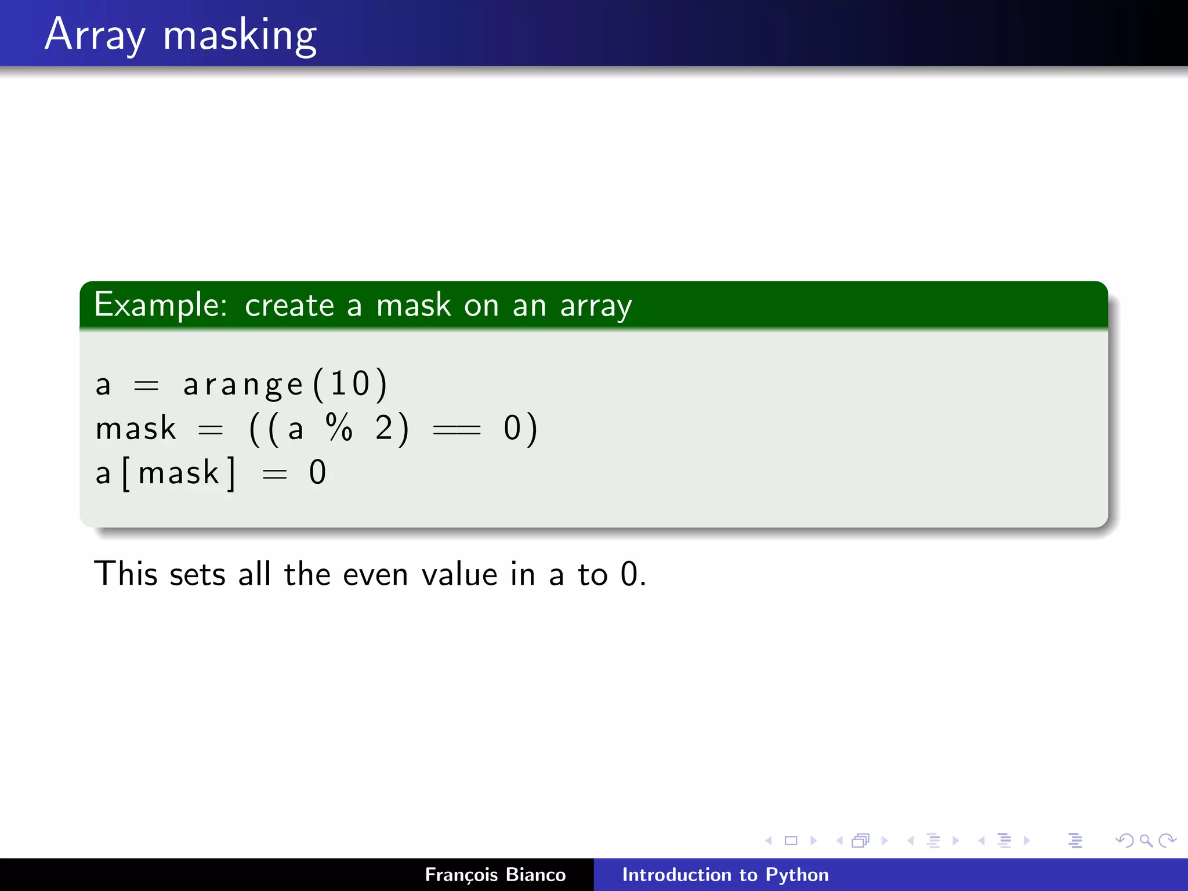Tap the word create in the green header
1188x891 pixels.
(x=289, y=306)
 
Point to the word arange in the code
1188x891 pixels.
(x=243, y=385)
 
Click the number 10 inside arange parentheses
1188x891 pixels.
(x=350, y=383)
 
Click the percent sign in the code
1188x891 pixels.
(x=339, y=428)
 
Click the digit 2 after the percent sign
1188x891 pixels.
(x=384, y=428)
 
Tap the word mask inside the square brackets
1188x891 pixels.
(x=179, y=473)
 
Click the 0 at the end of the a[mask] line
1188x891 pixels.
(x=317, y=473)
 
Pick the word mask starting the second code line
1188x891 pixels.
(x=136, y=429)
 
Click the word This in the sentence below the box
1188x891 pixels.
(x=126, y=574)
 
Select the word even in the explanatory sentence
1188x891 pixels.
(x=376, y=575)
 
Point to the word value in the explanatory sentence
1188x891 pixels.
(x=459, y=575)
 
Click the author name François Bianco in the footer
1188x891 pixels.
(x=495, y=875)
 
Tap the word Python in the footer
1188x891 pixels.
(x=797, y=875)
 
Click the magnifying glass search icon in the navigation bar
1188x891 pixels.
(x=1145, y=841)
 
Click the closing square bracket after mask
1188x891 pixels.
(x=231, y=474)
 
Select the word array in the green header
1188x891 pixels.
(x=596, y=306)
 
